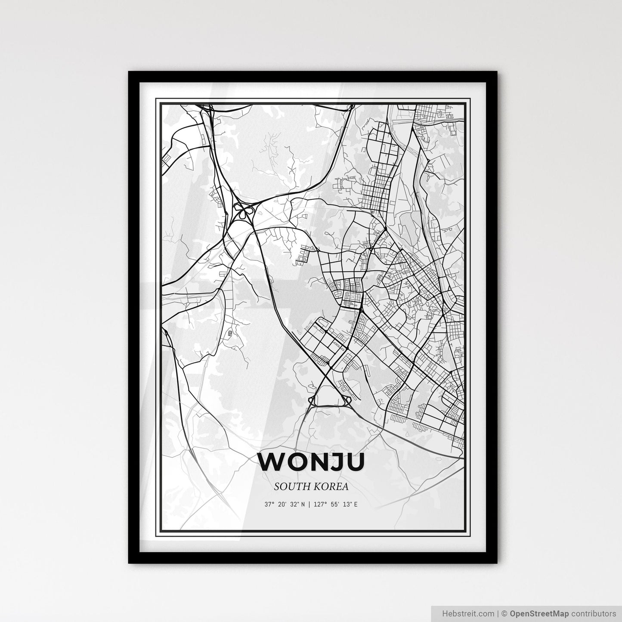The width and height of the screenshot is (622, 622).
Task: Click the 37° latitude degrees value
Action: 269,504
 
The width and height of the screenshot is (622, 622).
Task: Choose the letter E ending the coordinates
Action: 356,504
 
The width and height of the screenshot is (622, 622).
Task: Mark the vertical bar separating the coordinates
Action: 309,504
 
